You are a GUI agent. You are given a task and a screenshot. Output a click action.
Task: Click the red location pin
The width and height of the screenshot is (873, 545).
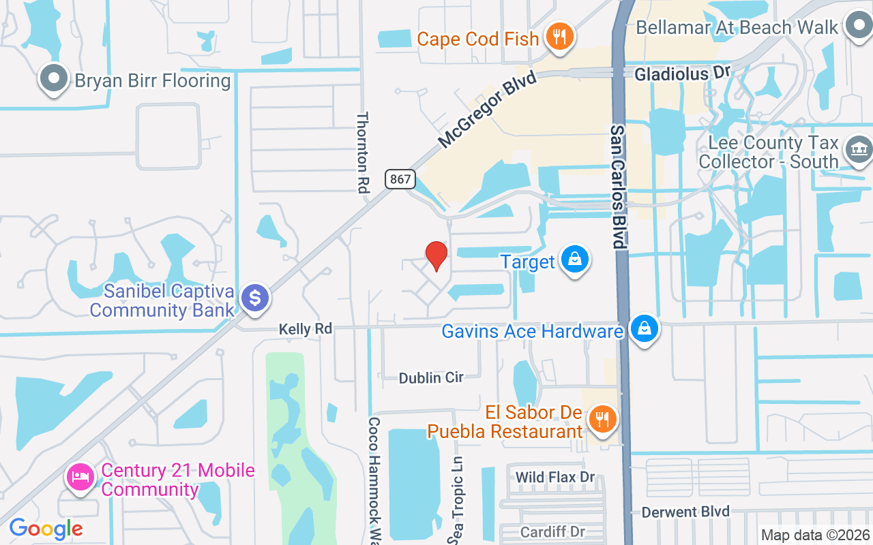coord(436,255)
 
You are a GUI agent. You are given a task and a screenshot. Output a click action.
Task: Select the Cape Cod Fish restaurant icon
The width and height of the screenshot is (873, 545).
coord(559,37)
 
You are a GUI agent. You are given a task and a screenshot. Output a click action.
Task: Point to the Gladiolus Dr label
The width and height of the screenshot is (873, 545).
coord(682,73)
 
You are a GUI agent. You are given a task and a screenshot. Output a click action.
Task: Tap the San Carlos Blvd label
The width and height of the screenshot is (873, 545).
coord(618,186)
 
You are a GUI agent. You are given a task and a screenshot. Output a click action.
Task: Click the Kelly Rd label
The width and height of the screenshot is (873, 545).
coord(306,329)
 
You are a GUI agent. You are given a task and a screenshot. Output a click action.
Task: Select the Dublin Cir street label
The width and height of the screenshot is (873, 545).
coord(431,377)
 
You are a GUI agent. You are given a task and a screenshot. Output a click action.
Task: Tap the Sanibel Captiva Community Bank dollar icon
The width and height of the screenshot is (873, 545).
coord(255,298)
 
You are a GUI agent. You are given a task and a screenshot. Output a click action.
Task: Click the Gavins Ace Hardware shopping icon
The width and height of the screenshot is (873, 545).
coord(643,330)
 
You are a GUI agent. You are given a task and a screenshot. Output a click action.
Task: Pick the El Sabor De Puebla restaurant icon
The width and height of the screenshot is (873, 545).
coord(602,418)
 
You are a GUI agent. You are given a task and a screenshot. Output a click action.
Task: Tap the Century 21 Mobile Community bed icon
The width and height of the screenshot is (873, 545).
coord(80,476)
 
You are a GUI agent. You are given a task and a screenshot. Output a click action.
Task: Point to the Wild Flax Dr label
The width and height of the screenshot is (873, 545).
coord(555,477)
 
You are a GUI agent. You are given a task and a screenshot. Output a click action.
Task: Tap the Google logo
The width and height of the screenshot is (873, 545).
coord(46,529)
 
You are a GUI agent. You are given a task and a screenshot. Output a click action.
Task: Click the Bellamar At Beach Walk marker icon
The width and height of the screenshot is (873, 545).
coord(857,27)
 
